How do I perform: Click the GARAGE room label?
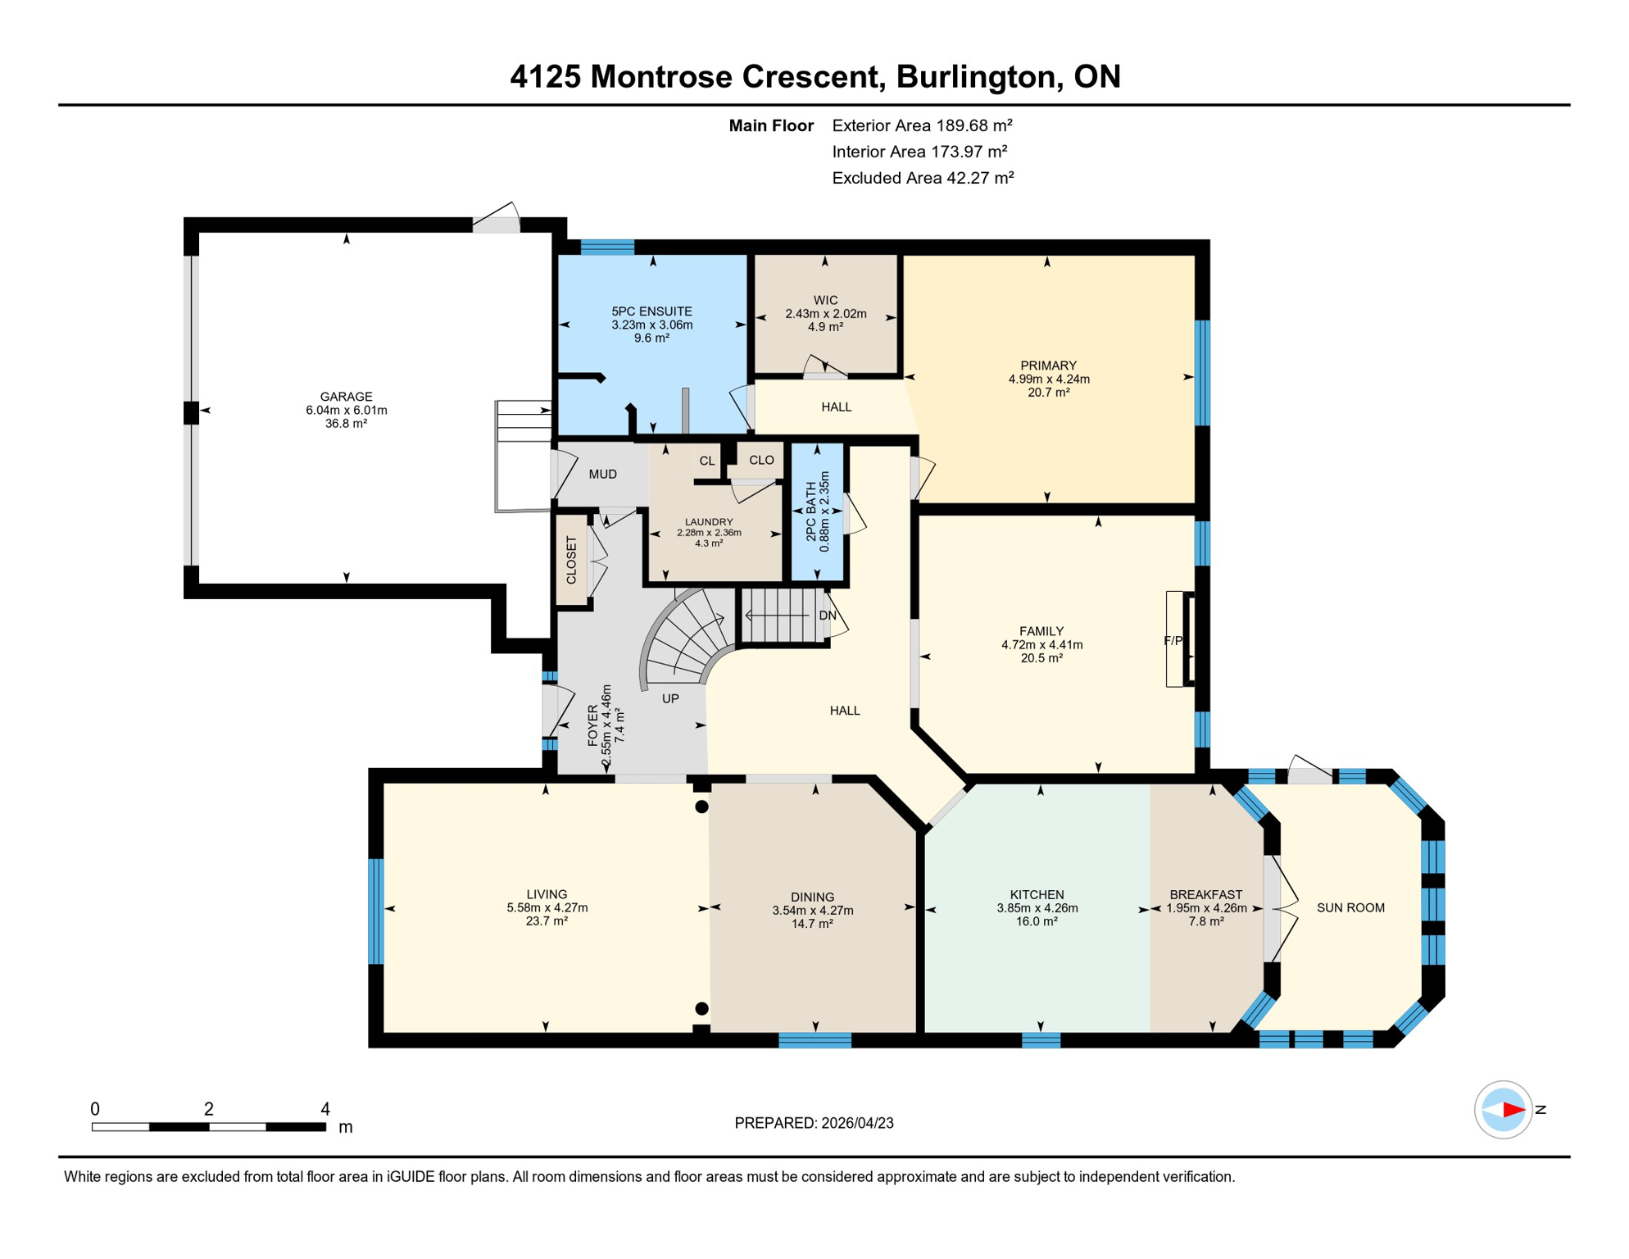click(x=346, y=397)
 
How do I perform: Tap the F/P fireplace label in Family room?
click(x=1173, y=641)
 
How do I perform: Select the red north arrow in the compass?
click(x=1513, y=1110)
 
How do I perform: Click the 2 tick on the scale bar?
click(x=209, y=1109)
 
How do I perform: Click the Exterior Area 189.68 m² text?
click(x=922, y=125)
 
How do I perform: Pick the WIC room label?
click(x=825, y=300)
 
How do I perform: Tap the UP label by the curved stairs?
click(x=670, y=698)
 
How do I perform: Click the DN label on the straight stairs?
click(x=828, y=616)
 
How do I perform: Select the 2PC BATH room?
click(x=817, y=511)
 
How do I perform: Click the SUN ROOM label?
click(x=1350, y=907)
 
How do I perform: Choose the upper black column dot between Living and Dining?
click(x=701, y=807)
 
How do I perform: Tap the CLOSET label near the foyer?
click(x=571, y=560)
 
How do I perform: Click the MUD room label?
click(x=602, y=474)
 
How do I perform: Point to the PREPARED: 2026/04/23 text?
click(x=814, y=1123)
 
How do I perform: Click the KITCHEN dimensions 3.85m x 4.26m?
click(x=1037, y=908)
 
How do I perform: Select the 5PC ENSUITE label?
click(x=651, y=311)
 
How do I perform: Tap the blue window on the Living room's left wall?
click(x=376, y=911)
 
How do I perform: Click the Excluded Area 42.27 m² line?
click(x=923, y=178)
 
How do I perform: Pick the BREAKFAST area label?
click(x=1205, y=895)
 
